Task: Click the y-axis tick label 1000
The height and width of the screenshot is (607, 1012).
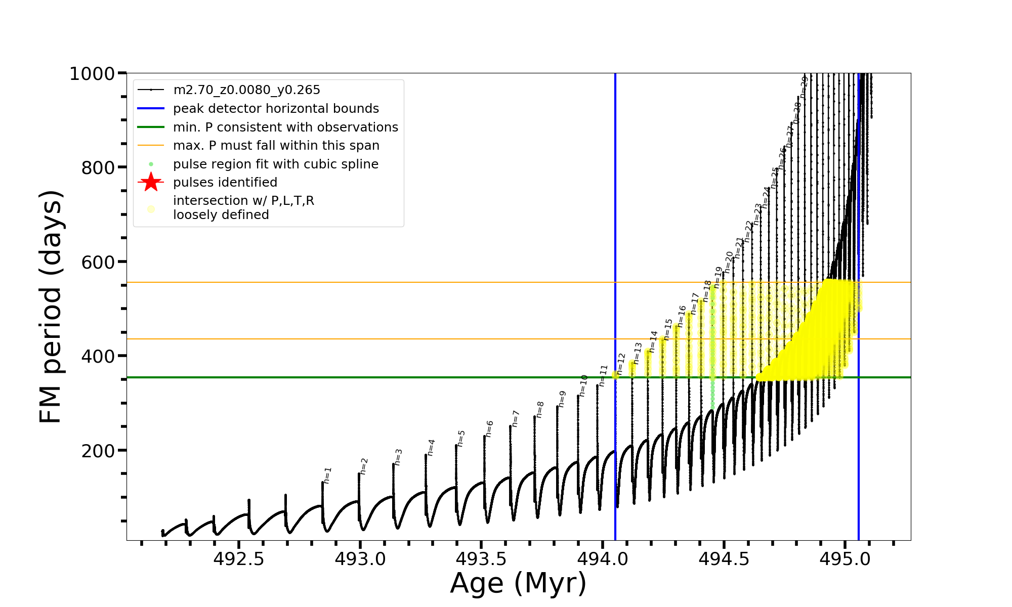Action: pos(92,74)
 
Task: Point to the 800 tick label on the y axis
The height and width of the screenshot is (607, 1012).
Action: pos(98,168)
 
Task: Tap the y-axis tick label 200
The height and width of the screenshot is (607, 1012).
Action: pos(98,451)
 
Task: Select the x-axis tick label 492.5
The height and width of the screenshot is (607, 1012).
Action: pos(239,559)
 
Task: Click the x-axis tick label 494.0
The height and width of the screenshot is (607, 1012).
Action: pos(603,559)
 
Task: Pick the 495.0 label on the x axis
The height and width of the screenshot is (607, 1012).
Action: pos(845,559)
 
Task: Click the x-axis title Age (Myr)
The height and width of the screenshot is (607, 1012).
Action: pos(518,583)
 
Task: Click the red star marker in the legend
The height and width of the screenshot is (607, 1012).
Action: pos(151,182)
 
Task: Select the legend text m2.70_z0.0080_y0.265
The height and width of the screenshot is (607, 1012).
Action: pos(246,90)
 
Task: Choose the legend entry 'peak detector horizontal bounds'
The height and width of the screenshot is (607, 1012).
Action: pos(276,109)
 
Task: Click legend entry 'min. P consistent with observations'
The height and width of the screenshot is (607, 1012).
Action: pos(285,127)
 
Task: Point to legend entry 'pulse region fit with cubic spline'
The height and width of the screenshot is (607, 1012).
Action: pos(275,164)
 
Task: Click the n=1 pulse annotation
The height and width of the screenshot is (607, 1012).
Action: pos(328,475)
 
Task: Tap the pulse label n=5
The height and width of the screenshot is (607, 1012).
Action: pos(461,438)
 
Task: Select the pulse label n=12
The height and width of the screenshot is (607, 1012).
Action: pos(621,364)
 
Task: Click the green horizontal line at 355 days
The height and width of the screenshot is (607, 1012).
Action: pos(354,377)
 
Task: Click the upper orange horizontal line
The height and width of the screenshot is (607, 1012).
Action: pos(354,282)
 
